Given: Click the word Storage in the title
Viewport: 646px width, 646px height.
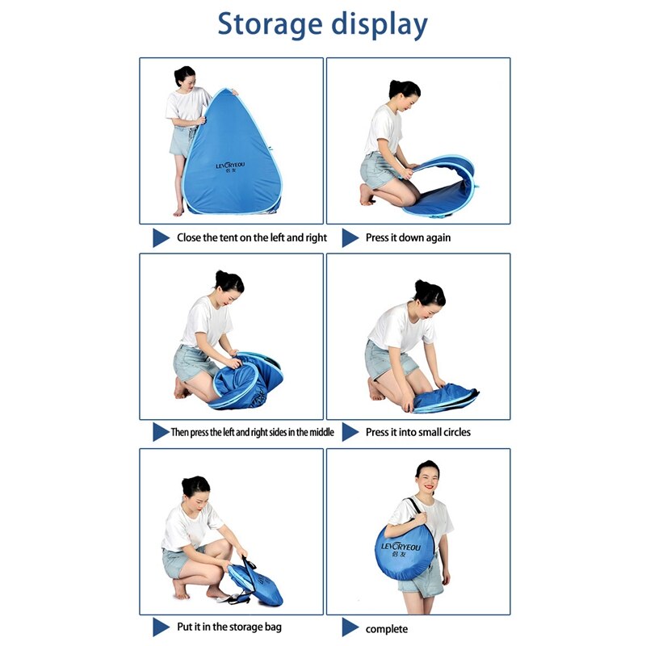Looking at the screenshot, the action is pos(270,25).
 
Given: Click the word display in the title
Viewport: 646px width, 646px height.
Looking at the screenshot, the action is pos(380,25).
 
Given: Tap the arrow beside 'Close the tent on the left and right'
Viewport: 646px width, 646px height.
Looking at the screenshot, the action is pos(161,237).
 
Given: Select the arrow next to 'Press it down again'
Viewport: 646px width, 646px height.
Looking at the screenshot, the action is pos(350,237).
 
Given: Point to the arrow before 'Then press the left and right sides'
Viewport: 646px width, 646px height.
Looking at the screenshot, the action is pos(161,432).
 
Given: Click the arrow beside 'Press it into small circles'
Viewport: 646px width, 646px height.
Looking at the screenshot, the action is pos(350,432).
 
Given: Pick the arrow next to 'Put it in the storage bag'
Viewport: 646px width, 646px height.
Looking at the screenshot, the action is pos(161,627).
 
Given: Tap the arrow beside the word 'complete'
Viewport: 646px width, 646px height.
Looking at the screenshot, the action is pos(350,627).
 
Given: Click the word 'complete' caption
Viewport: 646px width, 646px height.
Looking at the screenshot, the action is pos(387,629).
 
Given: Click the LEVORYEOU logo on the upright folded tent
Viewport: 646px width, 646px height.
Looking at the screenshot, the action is pos(230,166).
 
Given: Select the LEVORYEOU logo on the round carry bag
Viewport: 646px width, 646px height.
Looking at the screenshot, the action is pos(401,549).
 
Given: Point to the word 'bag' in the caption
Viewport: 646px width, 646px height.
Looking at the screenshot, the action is pos(273,627).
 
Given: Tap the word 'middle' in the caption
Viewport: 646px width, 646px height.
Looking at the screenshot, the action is pos(321,432).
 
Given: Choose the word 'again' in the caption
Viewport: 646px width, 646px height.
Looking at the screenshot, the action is pos(438,238).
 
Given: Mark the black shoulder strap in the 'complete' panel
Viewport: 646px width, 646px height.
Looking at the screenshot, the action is pos(417,509).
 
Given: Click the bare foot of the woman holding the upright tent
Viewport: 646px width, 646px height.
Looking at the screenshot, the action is pos(178,211).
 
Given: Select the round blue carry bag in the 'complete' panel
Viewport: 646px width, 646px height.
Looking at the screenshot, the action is pos(405,552).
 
